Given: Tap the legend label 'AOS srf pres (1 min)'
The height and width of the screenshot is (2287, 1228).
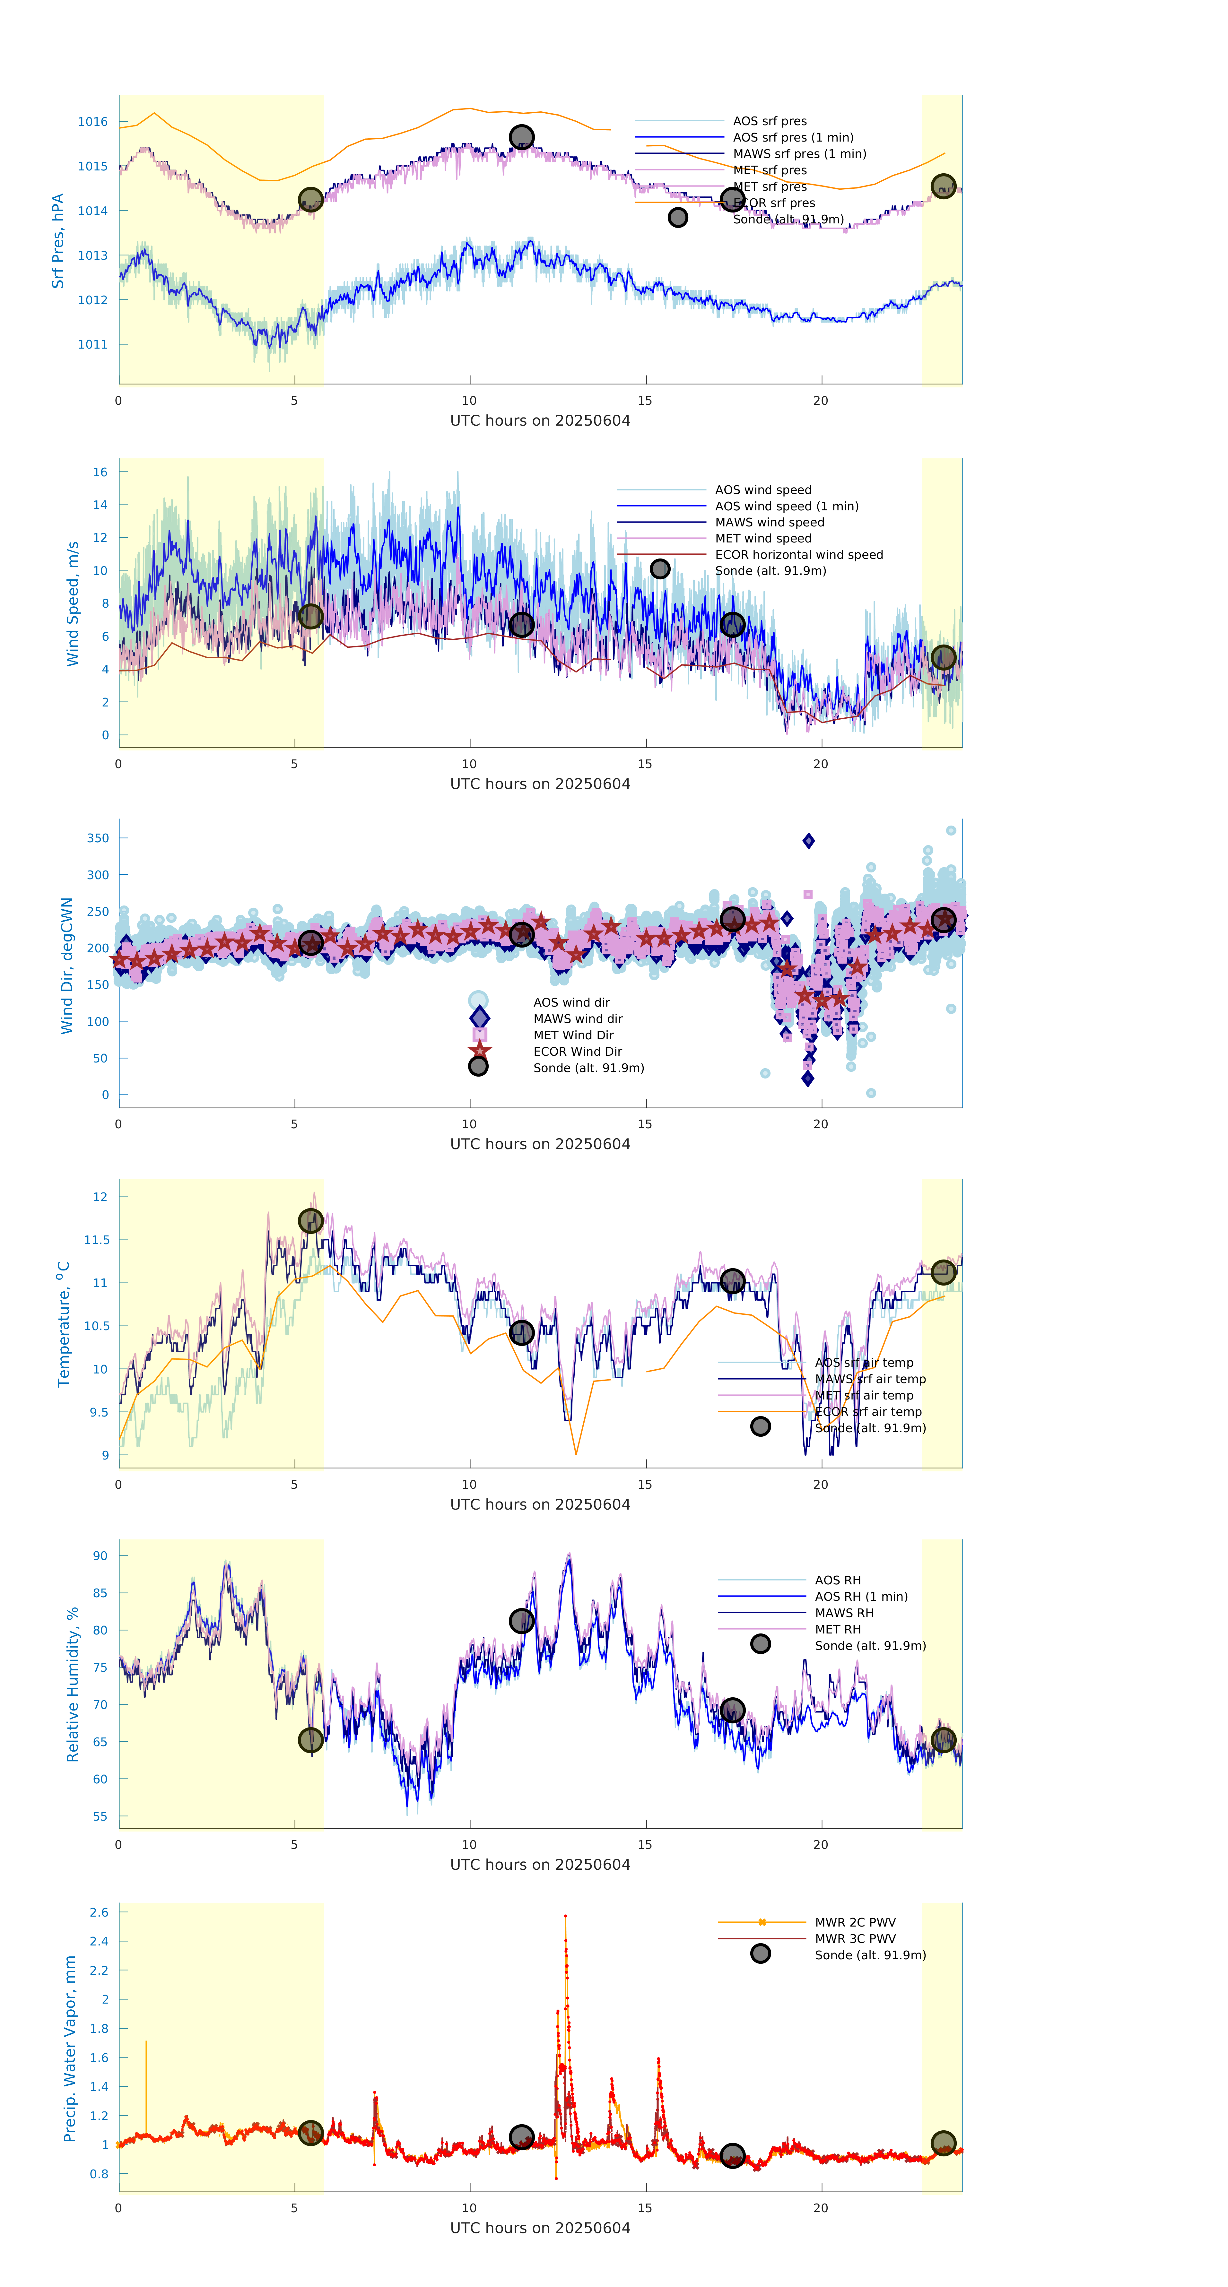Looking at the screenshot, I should (x=793, y=138).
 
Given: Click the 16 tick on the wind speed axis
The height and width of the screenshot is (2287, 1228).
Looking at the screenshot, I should (x=100, y=472).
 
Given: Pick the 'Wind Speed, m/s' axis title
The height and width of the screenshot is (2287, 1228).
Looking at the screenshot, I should (x=73, y=604).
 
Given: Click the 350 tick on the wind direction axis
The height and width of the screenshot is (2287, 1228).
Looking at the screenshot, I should (x=98, y=838).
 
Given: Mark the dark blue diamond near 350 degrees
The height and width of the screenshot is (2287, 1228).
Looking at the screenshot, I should (x=808, y=841).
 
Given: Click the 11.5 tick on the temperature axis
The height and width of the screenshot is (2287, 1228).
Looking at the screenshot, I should (x=96, y=1240).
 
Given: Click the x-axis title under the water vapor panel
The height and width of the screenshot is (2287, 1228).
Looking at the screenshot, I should (x=540, y=2228).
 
